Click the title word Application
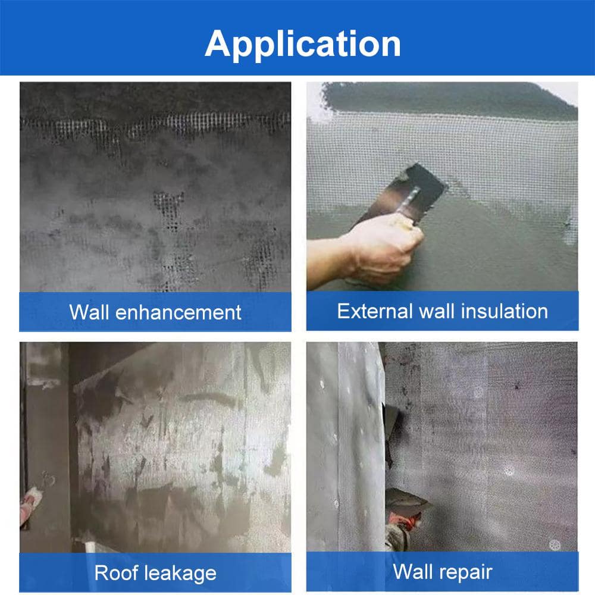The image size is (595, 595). (x=302, y=45)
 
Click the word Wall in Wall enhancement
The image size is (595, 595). (x=90, y=312)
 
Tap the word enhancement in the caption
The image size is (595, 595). (x=178, y=313)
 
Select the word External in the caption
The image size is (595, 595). (x=374, y=311)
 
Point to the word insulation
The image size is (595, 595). (x=505, y=311)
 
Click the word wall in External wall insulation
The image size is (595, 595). (x=436, y=311)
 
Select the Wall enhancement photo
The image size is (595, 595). (x=155, y=187)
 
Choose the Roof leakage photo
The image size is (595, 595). (x=155, y=447)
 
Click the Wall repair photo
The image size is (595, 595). (x=443, y=447)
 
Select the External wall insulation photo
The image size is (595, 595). (x=443, y=187)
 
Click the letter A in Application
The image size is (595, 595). (x=220, y=43)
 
